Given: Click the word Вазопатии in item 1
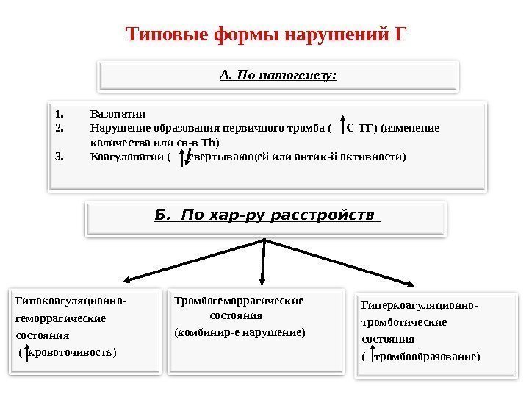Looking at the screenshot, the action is (118, 114).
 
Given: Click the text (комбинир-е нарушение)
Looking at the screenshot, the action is (239, 332).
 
